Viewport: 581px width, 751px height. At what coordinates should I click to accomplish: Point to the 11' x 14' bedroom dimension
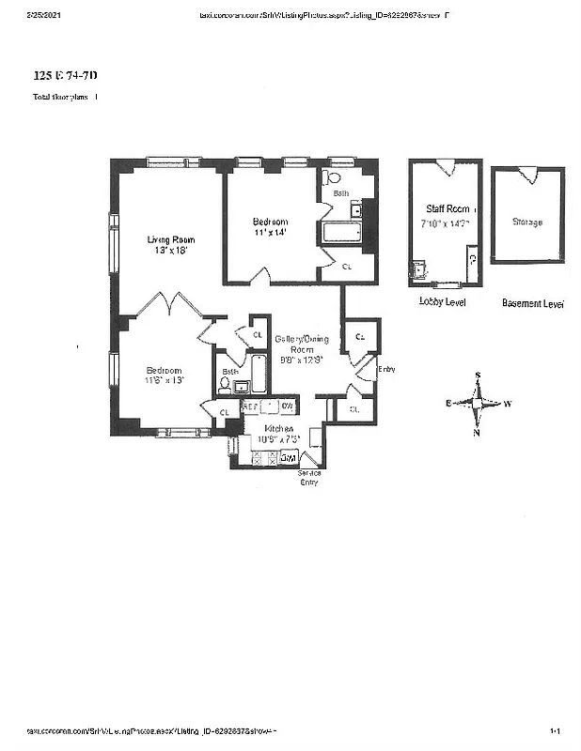coord(270,232)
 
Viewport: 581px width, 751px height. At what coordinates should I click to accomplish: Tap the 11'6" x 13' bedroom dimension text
coord(165,381)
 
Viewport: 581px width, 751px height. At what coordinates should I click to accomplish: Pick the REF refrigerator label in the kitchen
coord(250,406)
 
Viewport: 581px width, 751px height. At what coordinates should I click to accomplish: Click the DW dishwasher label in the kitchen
coord(288,406)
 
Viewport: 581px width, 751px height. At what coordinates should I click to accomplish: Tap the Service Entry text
coord(308,478)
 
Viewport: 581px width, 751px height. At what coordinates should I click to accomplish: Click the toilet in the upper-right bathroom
coord(332,177)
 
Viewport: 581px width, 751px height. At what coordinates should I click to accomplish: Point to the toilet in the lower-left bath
coord(225,385)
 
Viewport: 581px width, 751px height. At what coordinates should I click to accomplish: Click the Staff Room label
coord(446,209)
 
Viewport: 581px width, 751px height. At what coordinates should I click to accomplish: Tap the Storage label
coord(526,222)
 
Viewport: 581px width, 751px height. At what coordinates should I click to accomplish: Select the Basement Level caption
coord(532,303)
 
